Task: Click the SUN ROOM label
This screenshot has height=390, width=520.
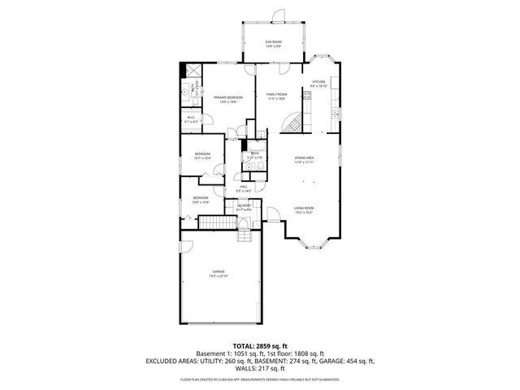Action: pos(272,43)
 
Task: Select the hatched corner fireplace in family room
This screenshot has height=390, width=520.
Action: pos(293,123)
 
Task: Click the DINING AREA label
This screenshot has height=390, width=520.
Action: pos(305,158)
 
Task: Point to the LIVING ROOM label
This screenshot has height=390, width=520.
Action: pos(304,210)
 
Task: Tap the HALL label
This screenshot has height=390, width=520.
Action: pos(244,189)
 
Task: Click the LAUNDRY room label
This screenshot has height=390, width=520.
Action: pos(244,207)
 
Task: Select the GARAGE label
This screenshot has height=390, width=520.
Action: pos(219,272)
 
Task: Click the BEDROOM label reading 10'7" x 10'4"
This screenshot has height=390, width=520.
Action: pos(202,156)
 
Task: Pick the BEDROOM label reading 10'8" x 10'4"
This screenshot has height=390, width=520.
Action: pos(200,199)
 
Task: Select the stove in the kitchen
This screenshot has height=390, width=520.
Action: pos(307,96)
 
